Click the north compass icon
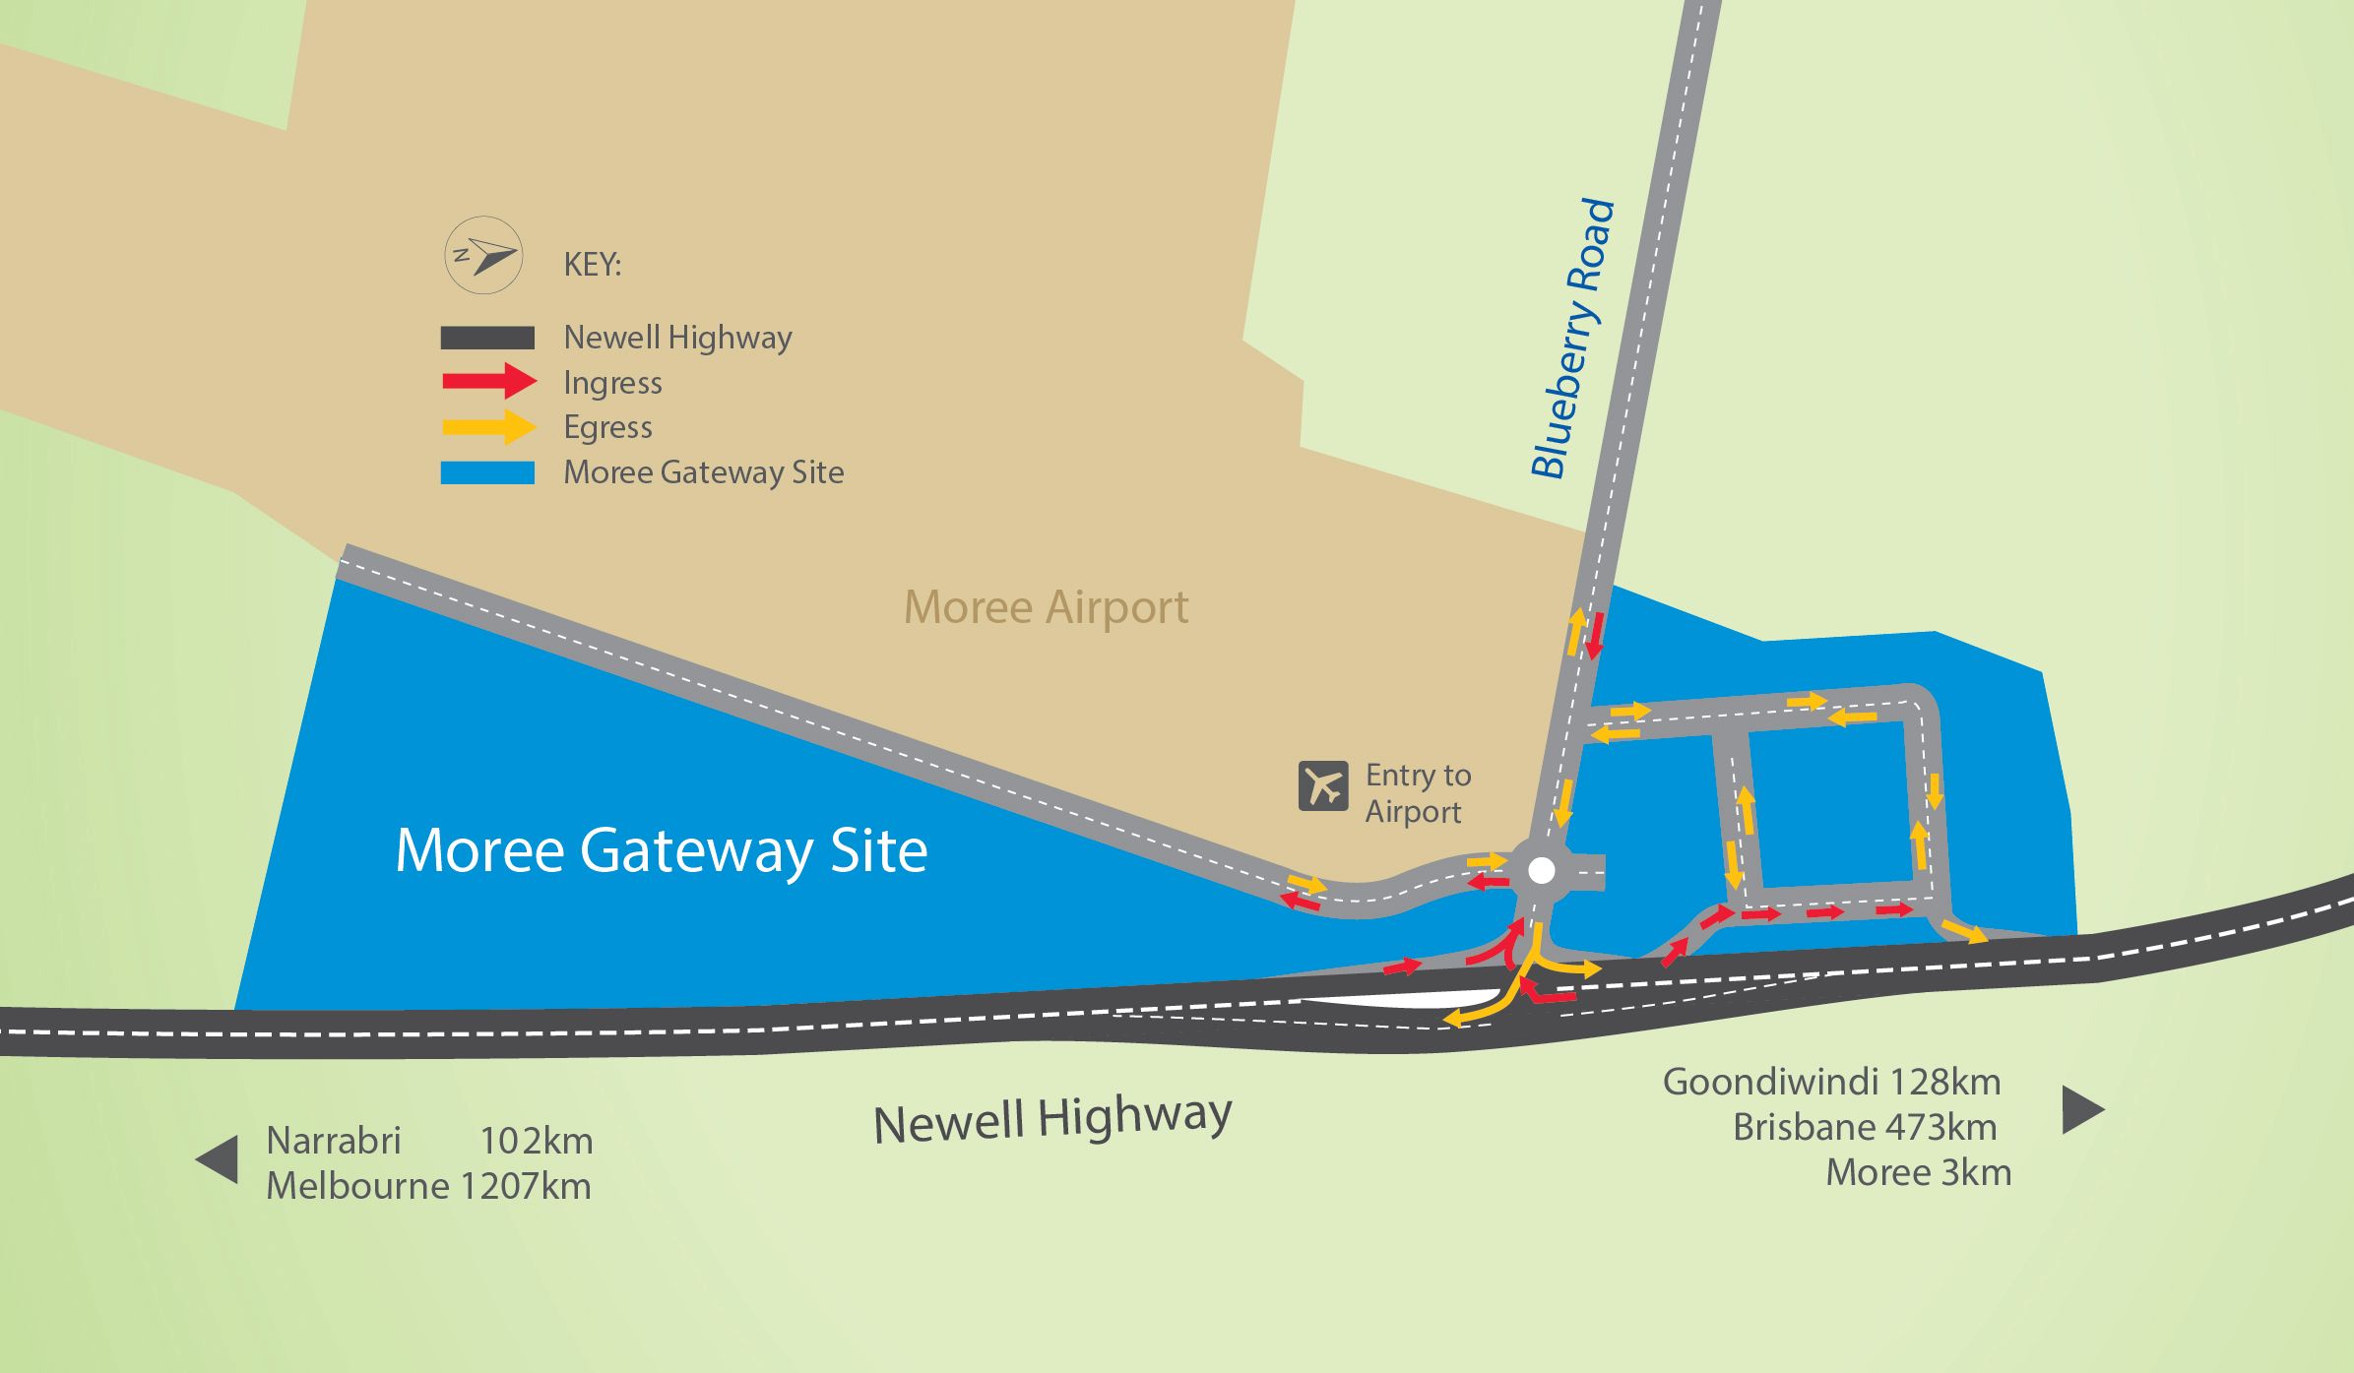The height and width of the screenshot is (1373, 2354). pos(482,255)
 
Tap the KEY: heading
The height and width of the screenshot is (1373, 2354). pos(592,265)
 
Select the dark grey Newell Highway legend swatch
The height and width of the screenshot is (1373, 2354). pos(487,338)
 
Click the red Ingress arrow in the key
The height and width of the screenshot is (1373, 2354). pos(489,381)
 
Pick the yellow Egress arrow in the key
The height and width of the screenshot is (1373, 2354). pos(489,426)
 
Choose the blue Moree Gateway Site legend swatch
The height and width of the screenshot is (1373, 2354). pos(487,472)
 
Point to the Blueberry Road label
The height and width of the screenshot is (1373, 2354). pos(1572,339)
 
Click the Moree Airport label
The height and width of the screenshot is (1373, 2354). pos(1046,607)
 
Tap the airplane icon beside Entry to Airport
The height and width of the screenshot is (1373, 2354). pos(1322,785)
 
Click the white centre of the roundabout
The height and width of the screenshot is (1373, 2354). pos(1541,870)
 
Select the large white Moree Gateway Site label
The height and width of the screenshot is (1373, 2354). pos(661,850)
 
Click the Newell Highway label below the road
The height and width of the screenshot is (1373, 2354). pos(1052,1119)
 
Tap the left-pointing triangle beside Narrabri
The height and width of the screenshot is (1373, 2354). pos(218,1158)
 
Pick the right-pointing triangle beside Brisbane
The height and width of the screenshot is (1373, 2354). pos(2082,1109)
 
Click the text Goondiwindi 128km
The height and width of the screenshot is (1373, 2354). pos(1831,1082)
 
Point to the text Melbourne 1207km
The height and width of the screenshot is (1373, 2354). pos(428,1186)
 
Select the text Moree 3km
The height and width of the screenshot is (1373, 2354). pos(1918,1172)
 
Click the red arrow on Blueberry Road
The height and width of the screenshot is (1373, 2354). pos(1595,635)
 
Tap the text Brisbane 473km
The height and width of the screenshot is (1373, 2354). pos(1864,1127)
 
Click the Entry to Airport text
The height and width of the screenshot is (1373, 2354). pos(1418,793)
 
